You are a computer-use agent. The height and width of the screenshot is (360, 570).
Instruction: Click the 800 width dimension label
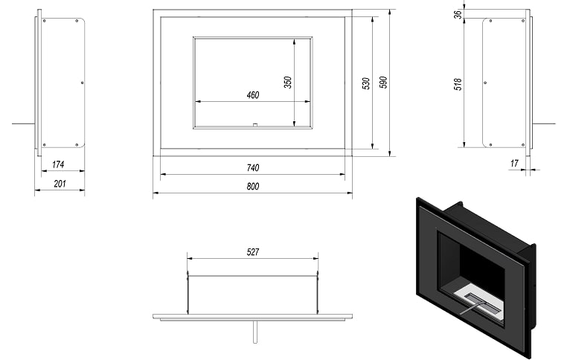coord(253,187)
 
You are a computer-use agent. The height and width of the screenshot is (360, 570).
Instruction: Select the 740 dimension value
coord(253,168)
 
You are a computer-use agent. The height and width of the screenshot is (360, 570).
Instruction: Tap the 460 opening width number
coord(253,95)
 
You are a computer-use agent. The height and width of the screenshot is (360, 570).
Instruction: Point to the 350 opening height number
coord(287,82)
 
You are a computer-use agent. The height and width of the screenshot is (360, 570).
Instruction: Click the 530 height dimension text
coord(366,83)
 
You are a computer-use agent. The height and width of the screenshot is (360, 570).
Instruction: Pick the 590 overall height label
coord(383,83)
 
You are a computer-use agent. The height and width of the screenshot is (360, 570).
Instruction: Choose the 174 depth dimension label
coord(58,164)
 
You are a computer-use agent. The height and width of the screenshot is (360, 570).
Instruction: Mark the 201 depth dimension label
coord(60,184)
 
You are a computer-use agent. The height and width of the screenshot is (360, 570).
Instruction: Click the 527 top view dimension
coord(253,251)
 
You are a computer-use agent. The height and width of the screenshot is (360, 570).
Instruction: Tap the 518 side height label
coord(458,84)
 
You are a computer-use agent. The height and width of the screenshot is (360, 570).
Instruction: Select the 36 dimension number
coord(458,14)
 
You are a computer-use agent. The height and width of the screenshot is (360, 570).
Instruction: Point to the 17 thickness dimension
coord(514,164)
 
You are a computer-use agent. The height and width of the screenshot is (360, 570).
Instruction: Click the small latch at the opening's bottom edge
coord(254,125)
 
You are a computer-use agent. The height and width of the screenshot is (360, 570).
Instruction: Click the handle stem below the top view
coord(255,331)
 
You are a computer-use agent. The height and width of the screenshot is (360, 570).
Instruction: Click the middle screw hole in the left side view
coord(82,83)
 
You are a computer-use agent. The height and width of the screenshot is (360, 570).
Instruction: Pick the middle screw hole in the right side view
coord(485,83)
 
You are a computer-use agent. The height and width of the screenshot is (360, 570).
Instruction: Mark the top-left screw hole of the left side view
coord(45,21)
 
